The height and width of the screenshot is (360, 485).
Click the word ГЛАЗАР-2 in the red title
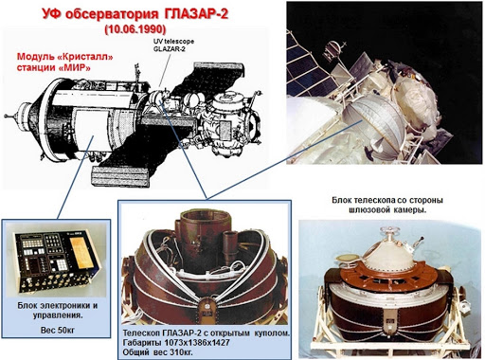(196, 14)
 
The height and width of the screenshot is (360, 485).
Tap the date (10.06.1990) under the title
(135, 29)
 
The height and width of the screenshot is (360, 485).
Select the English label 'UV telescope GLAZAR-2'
(173, 45)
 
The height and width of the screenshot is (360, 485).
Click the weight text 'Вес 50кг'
(58, 331)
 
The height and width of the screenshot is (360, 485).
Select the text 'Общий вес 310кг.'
(158, 352)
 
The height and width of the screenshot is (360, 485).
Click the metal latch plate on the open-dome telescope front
(207, 308)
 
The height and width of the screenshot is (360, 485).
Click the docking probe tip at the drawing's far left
(6, 117)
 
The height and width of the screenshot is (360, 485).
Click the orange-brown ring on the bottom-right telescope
(390, 276)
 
